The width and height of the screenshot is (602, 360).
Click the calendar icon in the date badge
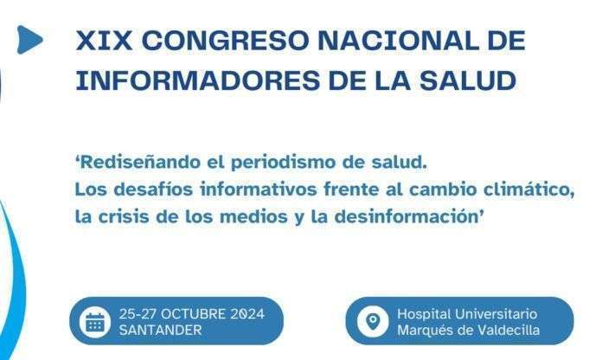[x=94, y=322]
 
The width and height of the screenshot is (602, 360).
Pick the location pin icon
[x=374, y=321]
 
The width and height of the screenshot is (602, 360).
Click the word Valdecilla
[x=508, y=330]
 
